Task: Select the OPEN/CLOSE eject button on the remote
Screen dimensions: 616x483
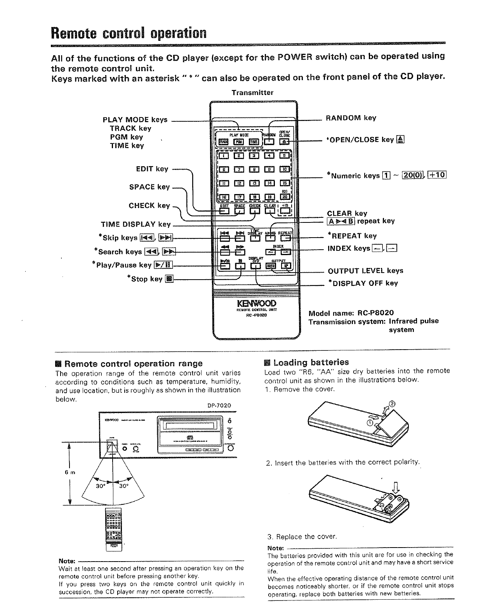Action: [x=285, y=142]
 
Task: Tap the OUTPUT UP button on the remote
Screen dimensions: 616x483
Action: [x=286, y=266]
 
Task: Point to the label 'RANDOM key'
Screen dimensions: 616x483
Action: [x=351, y=118]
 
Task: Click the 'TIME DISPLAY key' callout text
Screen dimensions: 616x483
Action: [x=136, y=224]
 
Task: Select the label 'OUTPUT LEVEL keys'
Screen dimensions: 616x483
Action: [x=365, y=271]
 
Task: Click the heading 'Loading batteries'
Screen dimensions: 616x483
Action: [x=311, y=362]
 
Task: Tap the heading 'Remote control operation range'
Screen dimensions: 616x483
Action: [x=133, y=364]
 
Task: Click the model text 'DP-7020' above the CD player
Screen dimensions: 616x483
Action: [x=219, y=406]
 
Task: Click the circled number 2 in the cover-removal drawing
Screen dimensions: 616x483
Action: [x=392, y=404]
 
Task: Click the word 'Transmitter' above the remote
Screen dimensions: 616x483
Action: [x=252, y=93]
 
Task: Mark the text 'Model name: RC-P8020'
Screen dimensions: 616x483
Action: [x=351, y=313]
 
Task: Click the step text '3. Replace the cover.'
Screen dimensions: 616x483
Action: [x=301, y=537]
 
